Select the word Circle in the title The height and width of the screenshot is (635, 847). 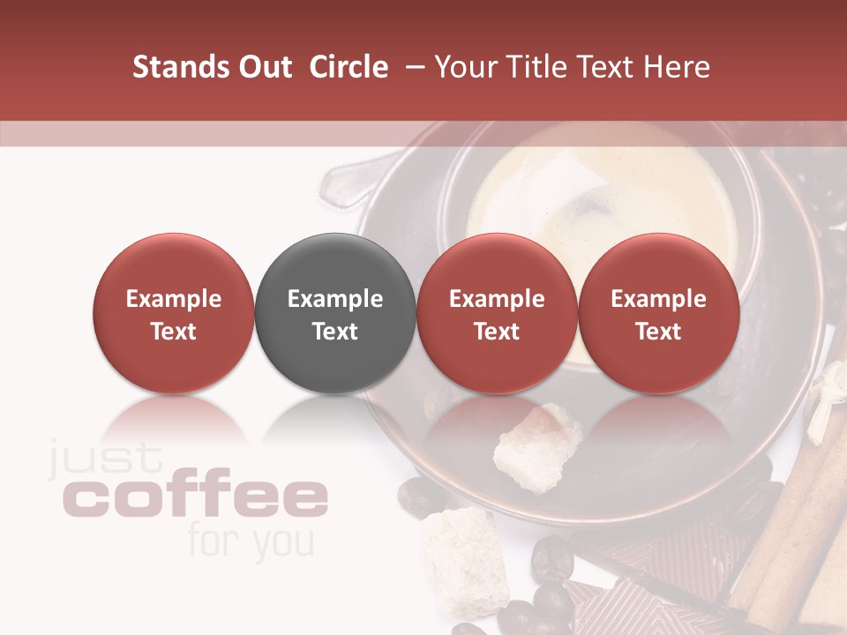349,67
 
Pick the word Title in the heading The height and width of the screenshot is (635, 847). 536,67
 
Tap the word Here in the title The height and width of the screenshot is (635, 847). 678,67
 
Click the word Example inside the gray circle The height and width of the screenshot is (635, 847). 335,299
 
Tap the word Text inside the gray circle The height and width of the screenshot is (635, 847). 335,332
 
